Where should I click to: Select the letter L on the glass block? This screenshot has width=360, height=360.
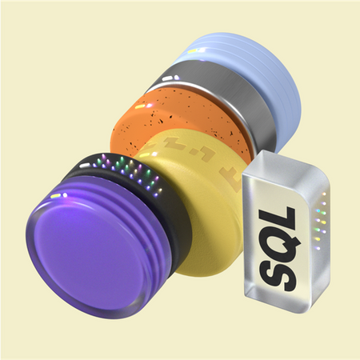[x=278, y=217]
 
